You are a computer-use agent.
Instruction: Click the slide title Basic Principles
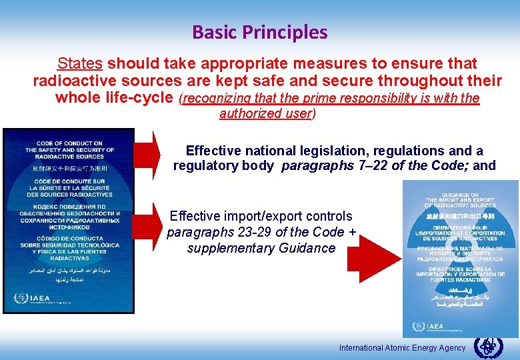pyautogui.click(x=259, y=32)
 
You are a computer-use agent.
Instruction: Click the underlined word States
pyautogui.click(x=79, y=64)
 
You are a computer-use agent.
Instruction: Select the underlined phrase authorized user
pyautogui.click(x=266, y=113)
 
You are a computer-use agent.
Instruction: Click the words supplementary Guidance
pyautogui.click(x=261, y=248)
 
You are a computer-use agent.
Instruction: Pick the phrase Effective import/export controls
pyautogui.click(x=261, y=216)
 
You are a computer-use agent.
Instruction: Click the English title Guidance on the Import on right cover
pyautogui.click(x=461, y=199)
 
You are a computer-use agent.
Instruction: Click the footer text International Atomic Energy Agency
pyautogui.click(x=402, y=348)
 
